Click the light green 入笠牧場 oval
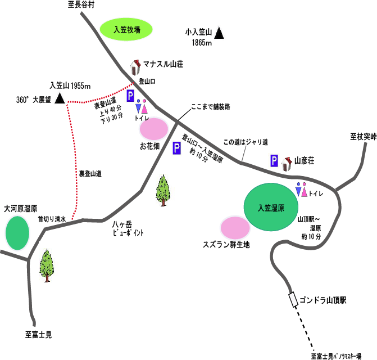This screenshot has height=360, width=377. [x=126, y=29]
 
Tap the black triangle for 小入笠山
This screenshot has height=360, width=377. [x=219, y=33]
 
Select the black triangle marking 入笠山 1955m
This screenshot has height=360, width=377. [x=60, y=98]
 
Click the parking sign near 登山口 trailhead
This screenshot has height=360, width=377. [x=130, y=96]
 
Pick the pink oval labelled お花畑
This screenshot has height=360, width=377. [x=154, y=129]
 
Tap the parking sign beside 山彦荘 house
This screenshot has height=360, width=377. [x=274, y=160]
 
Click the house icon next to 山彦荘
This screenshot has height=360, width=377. [x=287, y=164]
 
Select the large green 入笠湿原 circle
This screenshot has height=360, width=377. [x=271, y=207]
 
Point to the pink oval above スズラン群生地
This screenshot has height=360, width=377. [x=235, y=228]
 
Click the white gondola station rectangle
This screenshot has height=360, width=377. [x=293, y=299]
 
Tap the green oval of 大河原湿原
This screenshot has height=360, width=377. [x=17, y=233]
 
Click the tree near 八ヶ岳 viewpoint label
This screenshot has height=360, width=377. [x=163, y=191]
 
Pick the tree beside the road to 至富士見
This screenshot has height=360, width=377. [x=47, y=265]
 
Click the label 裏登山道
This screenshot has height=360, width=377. [x=90, y=173]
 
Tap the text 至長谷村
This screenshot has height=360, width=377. [x=81, y=4]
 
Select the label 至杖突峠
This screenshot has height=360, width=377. [x=363, y=137]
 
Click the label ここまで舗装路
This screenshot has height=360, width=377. [x=211, y=107]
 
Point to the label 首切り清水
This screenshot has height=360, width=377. [x=52, y=219]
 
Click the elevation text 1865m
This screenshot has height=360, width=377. [x=202, y=43]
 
